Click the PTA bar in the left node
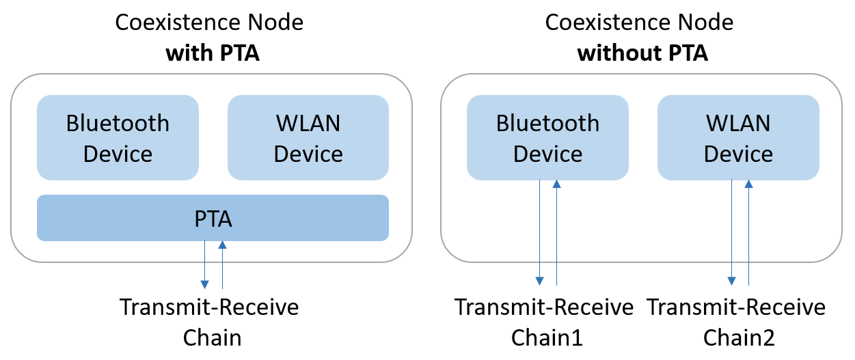[213, 219]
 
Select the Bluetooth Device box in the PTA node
[118, 138]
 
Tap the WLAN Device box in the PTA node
[308, 138]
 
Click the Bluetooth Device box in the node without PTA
[547, 138]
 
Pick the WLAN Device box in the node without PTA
[738, 138]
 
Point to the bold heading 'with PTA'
[213, 53]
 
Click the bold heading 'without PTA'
[642, 53]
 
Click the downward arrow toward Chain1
[540, 232]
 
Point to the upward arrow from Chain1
[557, 232]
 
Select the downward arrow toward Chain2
[731, 232]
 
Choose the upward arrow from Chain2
[749, 232]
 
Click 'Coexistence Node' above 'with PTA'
[209, 22]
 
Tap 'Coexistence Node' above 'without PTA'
[639, 22]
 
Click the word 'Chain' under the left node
[213, 337]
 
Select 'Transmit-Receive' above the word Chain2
[736, 307]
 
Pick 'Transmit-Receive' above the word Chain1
[544, 307]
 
